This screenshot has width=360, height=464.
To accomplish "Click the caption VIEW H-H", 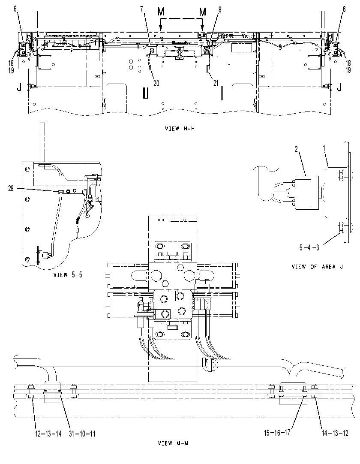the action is coord(180,128).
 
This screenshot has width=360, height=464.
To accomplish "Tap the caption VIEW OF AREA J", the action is coord(318,267).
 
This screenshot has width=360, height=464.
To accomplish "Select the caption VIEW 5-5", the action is coord(68,274).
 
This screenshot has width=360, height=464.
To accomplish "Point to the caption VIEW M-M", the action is coord(173,443).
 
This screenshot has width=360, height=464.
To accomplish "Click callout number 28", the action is coord(11,189).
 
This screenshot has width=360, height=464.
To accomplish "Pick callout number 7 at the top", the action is coord(142,9).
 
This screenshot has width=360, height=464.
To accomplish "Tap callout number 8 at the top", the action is coord(220,9).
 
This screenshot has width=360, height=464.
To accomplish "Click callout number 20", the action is coord(156,84).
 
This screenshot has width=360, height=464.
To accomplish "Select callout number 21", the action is coord(216,83).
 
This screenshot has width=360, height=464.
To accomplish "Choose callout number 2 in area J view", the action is coord(297,149).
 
